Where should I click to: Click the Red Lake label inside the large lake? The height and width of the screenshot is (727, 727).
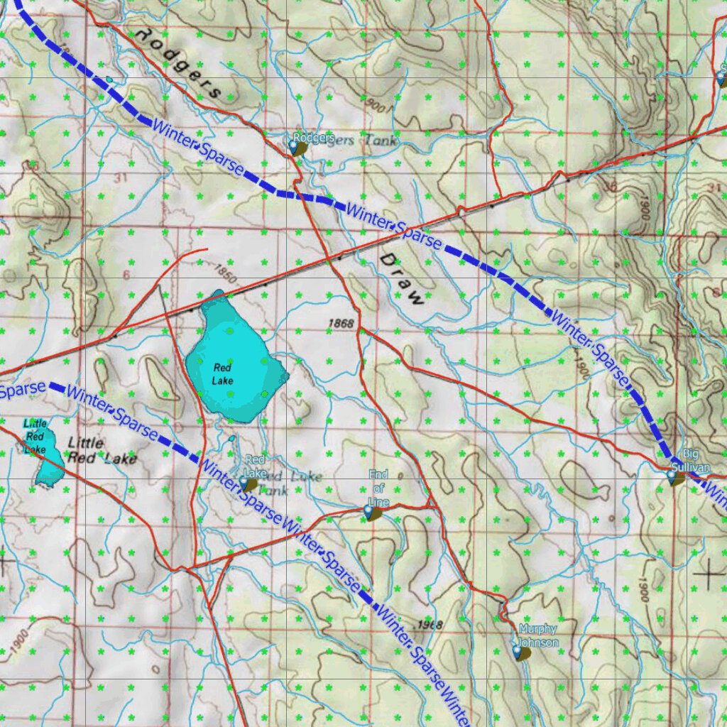(222, 373)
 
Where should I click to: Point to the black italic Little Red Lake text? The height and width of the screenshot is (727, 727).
(101, 451)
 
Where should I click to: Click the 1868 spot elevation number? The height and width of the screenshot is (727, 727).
(341, 324)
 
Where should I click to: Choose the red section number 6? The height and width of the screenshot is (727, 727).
(126, 275)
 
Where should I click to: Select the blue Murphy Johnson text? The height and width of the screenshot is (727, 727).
(537, 636)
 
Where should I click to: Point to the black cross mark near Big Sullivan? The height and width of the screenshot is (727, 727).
(710, 572)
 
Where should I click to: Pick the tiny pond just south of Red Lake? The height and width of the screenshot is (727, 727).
(232, 438)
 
